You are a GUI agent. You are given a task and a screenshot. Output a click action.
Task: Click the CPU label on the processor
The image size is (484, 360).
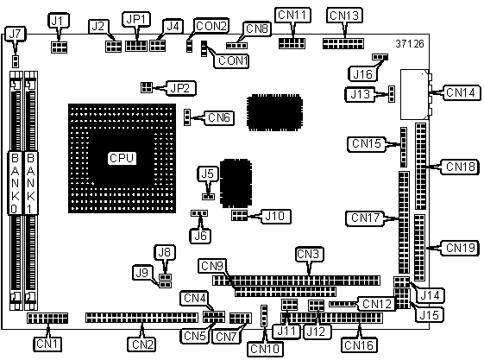(x=122, y=158)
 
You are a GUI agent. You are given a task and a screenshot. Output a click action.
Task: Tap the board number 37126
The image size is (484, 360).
(x=410, y=44)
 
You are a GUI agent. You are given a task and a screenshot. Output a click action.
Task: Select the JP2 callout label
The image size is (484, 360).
(x=181, y=88)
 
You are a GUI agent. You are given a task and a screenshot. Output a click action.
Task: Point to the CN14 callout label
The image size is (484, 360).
(x=462, y=92)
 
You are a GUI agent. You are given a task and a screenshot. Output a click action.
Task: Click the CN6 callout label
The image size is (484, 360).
(x=219, y=117)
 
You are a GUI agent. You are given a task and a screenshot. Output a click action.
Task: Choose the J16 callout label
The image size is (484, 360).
(x=362, y=74)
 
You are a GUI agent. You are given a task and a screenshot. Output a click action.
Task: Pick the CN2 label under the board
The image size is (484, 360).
(x=141, y=344)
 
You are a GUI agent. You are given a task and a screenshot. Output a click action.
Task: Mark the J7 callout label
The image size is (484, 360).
(x=16, y=34)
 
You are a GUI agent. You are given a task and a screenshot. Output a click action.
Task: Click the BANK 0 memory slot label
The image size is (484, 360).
(x=15, y=183)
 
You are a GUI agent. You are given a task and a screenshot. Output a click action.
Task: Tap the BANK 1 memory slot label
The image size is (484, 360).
(x=30, y=183)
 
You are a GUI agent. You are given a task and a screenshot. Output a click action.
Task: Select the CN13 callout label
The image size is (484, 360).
(x=344, y=16)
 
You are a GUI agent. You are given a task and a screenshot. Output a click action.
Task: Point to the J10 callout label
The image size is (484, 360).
(x=275, y=216)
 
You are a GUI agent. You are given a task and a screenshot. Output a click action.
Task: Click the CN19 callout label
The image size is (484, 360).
(x=460, y=248)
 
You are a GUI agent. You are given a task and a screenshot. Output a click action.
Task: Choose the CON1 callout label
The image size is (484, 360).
(x=231, y=60)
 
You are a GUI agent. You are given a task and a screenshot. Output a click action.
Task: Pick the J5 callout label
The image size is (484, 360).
(x=208, y=174)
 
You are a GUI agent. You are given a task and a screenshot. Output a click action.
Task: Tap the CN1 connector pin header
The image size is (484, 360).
(x=47, y=318)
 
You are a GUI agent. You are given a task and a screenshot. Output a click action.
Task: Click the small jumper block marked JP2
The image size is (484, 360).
(x=147, y=87)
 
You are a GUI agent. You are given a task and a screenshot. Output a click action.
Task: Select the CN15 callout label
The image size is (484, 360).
(x=367, y=144)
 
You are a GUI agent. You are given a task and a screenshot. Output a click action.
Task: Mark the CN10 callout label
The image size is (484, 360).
(x=265, y=349)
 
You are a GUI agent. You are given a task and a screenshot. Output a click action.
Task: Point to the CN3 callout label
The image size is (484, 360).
(x=309, y=254)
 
